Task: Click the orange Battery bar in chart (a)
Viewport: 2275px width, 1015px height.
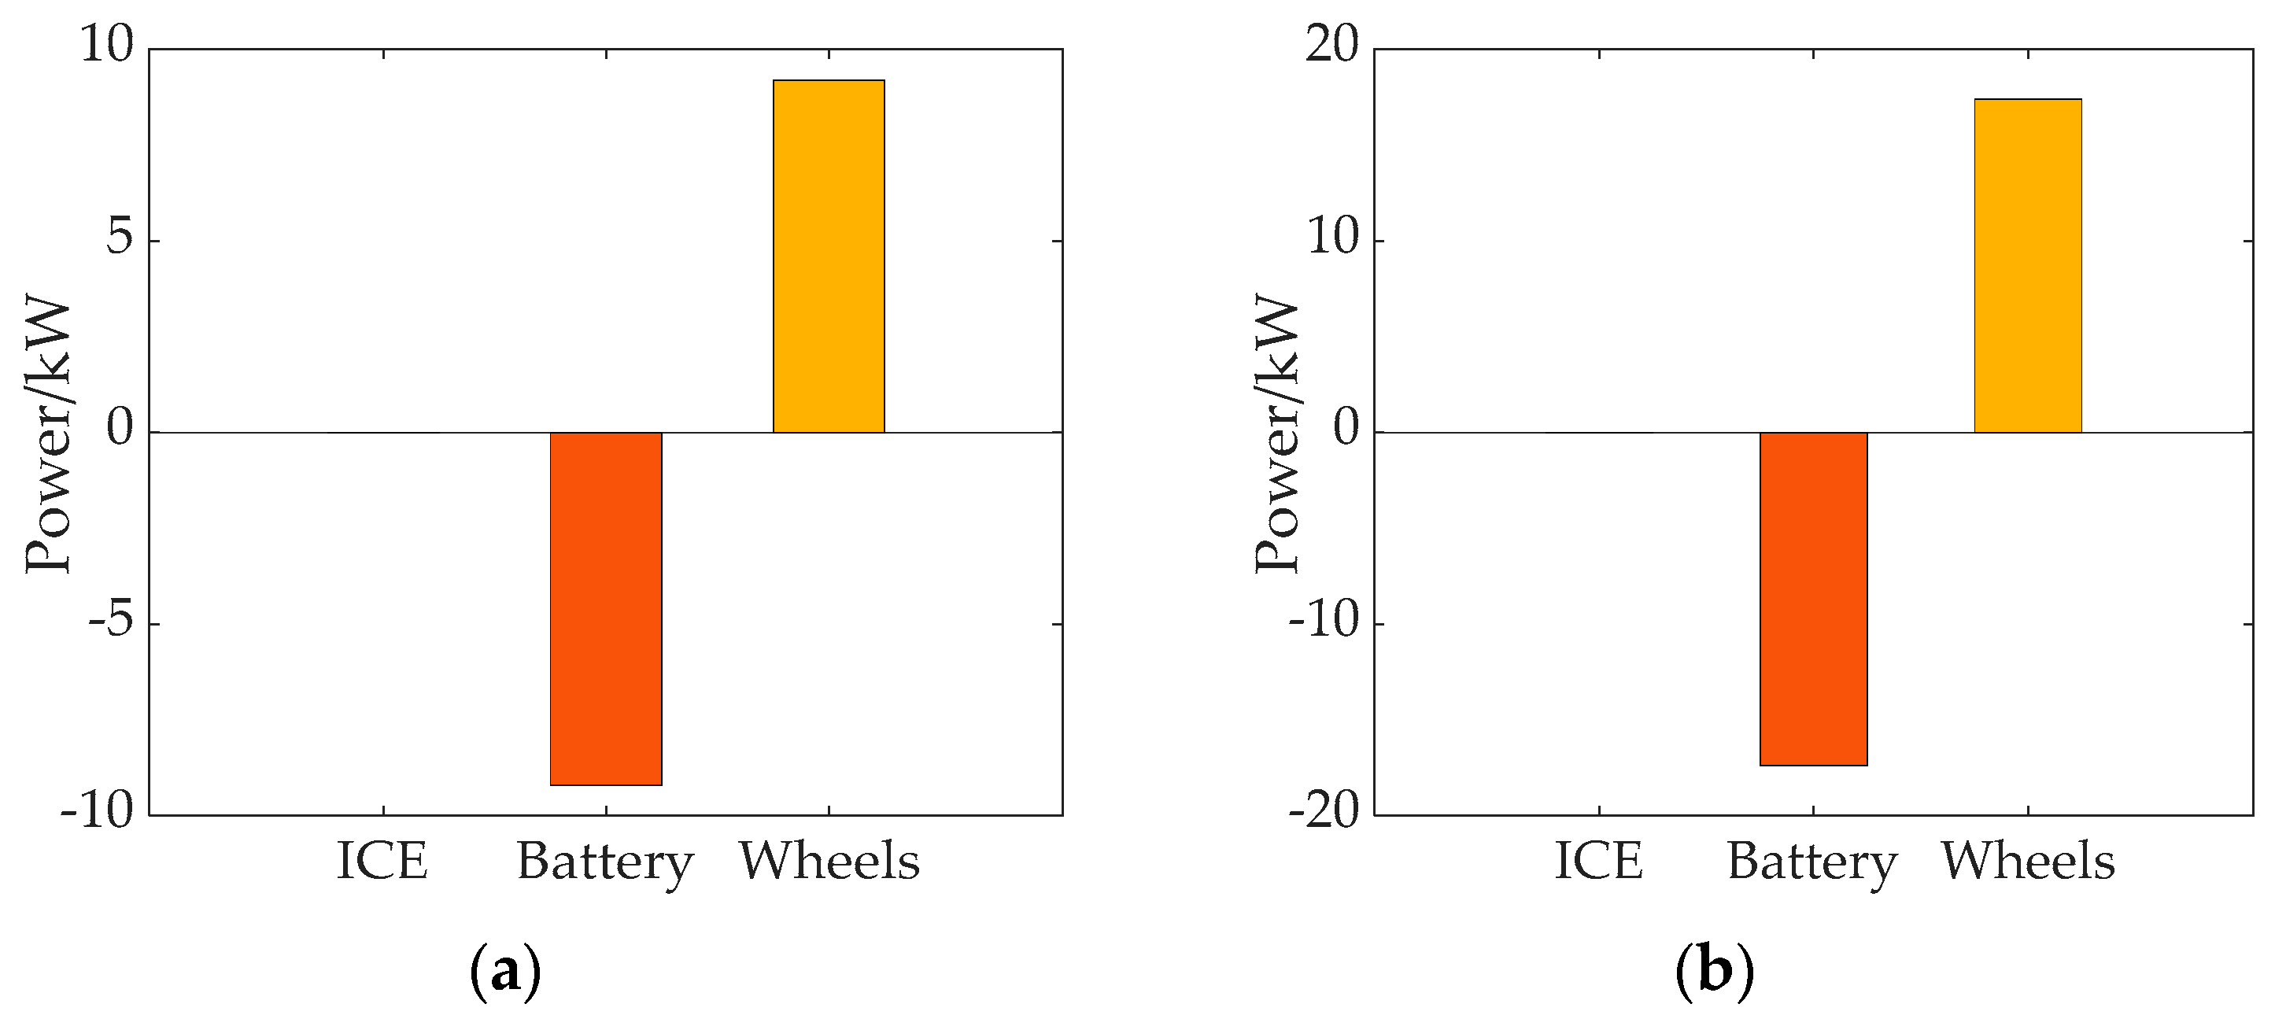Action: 606,609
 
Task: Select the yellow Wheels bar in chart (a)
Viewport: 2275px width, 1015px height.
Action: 829,257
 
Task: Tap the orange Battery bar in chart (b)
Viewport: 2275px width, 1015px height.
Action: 1813,599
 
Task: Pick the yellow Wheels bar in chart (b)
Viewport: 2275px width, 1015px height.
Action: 2028,266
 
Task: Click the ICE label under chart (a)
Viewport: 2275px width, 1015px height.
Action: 382,862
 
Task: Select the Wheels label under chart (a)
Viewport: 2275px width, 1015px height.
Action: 829,862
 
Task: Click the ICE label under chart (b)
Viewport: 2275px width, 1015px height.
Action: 1598,862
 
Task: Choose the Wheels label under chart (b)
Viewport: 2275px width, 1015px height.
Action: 2028,862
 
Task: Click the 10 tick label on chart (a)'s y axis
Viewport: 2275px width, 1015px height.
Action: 107,44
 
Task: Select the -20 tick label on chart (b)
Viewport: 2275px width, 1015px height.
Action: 1324,813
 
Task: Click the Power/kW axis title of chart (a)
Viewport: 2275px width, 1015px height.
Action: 48,433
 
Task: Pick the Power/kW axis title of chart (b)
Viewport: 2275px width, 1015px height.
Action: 1277,433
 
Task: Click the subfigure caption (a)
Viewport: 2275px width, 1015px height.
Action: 505,972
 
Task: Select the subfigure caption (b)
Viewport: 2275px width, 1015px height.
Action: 1714,972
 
